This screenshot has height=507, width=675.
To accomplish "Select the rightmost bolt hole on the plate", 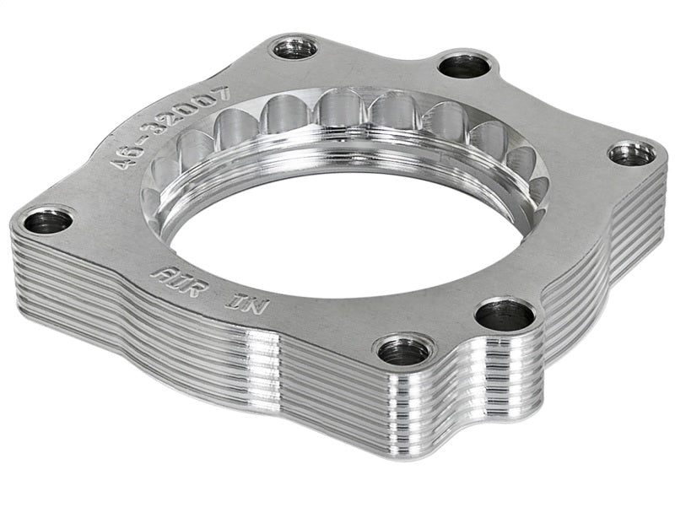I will tap(632, 154).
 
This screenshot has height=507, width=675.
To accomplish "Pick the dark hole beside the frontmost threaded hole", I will tap(505, 316).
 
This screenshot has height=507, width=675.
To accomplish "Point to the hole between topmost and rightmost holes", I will tap(463, 64).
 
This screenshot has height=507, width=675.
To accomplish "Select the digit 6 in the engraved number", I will tap(135, 148).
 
